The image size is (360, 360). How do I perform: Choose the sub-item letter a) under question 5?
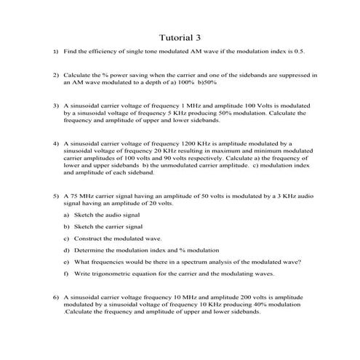[66, 215]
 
